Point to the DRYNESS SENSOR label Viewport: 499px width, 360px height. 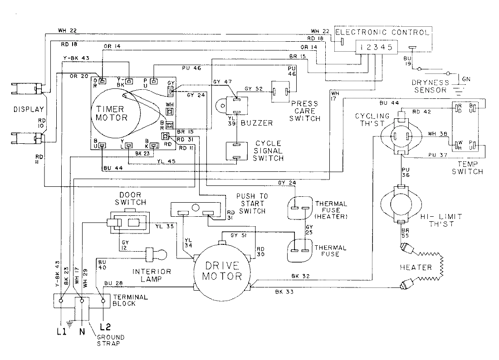coord(430,86)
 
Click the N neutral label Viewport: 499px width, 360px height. coord(82,331)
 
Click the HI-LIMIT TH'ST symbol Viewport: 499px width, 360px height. coord(401,204)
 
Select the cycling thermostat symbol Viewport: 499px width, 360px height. coord(401,136)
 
